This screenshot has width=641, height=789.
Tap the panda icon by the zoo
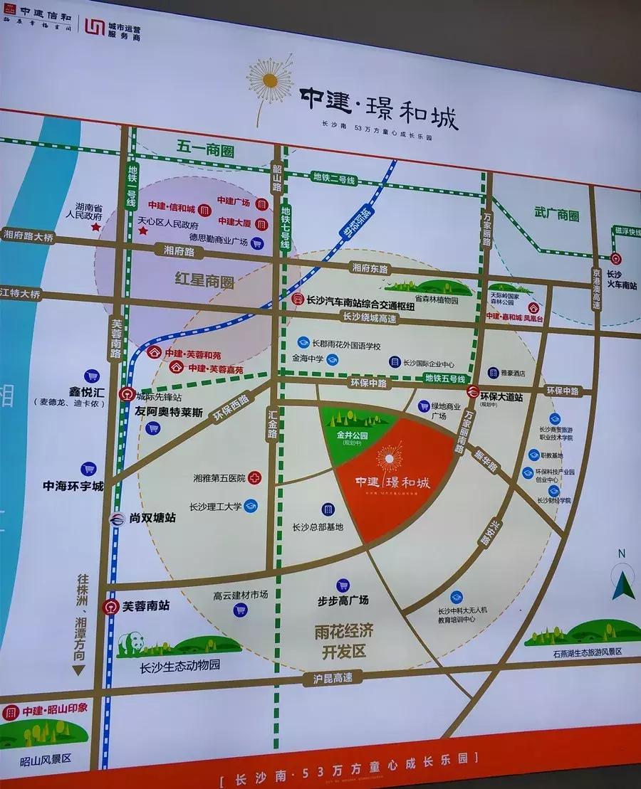132,644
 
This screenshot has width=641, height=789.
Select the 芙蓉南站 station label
145,607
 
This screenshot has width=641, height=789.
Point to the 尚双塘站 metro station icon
116,520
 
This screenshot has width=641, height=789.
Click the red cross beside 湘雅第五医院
254,478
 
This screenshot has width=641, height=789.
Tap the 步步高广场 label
343,600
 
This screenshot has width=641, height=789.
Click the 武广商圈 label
556,216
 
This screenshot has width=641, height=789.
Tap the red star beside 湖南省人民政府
94,227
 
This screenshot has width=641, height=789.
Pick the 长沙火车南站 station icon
617,259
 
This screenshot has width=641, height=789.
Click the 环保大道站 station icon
472,391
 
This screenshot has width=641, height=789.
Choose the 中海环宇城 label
73,487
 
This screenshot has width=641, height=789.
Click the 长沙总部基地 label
318,527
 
